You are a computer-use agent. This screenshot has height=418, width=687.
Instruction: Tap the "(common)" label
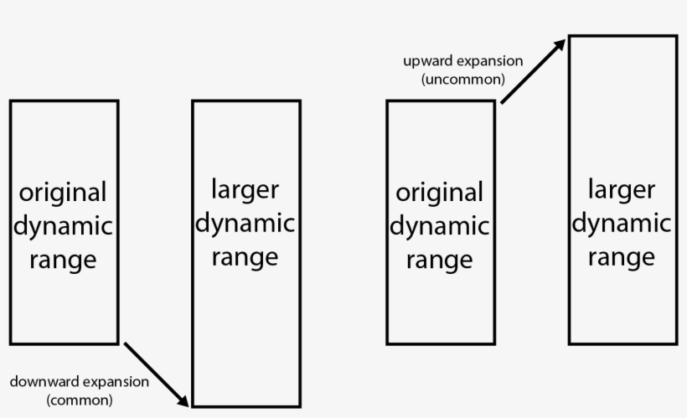[x=80, y=400]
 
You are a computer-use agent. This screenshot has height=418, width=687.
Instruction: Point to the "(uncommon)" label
[x=463, y=80]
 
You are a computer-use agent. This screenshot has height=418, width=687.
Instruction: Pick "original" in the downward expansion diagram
[x=64, y=193]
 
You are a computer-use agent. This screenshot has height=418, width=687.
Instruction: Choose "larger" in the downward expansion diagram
[x=245, y=189]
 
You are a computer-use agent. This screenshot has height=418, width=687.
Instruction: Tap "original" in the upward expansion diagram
[x=440, y=193]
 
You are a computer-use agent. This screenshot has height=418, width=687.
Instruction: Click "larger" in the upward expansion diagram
[x=622, y=189]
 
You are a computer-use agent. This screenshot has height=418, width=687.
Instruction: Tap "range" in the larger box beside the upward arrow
[x=622, y=256]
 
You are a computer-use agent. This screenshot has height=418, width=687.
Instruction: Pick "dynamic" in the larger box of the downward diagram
[x=245, y=223]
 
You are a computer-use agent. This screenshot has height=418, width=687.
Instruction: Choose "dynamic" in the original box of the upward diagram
[x=440, y=226]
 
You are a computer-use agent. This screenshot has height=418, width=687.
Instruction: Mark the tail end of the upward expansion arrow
[x=502, y=102]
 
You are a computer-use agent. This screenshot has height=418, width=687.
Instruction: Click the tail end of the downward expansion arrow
[x=125, y=343]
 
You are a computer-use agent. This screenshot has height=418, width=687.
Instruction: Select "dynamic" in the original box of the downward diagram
[x=64, y=226]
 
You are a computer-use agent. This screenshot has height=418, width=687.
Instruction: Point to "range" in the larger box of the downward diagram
[x=245, y=256]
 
